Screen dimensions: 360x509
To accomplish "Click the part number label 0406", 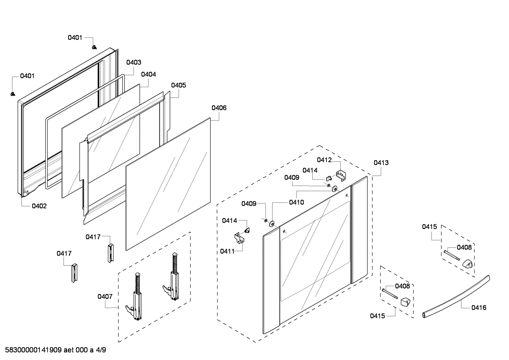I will point(219,108).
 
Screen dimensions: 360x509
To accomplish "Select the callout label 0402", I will point(39,206).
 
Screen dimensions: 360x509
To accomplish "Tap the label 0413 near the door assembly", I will point(381,163).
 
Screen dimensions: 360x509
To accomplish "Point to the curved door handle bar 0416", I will point(455,296).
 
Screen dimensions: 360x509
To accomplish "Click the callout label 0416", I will point(479,308).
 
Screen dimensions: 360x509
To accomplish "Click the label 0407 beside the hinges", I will point(105,296).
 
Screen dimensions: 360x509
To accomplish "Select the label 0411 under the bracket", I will point(227,251).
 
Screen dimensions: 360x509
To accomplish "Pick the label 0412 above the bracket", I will point(324,160).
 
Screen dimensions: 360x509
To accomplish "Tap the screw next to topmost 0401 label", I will point(94,47).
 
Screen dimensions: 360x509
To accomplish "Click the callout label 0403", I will point(134,63).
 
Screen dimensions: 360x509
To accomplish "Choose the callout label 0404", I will point(148,75).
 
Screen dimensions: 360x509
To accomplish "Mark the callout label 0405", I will point(179,85).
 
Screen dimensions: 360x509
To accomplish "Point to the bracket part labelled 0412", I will point(341,176).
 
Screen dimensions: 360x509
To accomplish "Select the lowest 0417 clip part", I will point(74,273).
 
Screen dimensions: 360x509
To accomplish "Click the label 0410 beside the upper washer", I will point(296,202).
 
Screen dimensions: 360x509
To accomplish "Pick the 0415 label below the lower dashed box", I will point(377,316).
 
